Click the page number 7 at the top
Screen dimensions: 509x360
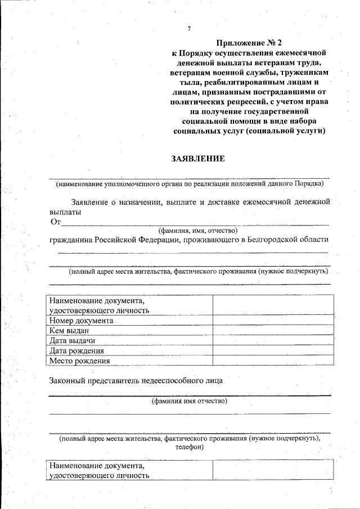coord(190,29)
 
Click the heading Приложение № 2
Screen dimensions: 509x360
coord(249,42)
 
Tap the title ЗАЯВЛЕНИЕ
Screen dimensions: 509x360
coord(198,159)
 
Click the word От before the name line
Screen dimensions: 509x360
coord(55,222)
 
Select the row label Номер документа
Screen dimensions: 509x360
coord(81,321)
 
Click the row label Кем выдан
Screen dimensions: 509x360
coord(69,331)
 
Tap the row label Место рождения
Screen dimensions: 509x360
coord(79,361)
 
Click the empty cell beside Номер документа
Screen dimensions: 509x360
coord(271,321)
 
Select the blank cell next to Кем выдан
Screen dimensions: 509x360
coord(271,331)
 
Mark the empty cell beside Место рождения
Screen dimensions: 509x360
coord(271,361)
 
